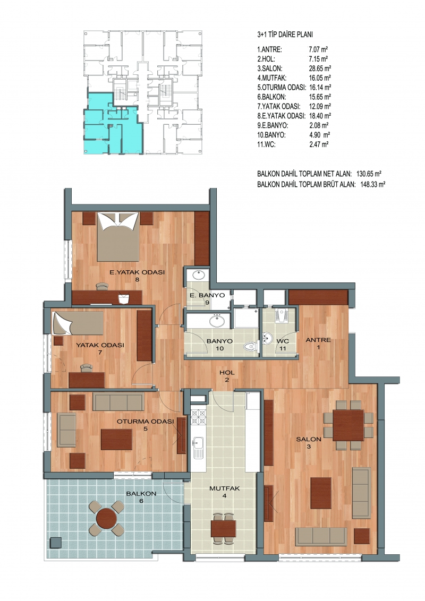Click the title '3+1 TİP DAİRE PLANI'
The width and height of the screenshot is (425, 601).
(285, 35)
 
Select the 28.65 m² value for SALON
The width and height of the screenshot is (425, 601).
(320, 68)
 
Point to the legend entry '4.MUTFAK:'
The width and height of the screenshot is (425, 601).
(272, 78)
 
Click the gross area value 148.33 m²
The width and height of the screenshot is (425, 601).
(373, 184)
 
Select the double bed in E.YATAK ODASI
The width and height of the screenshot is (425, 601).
(117, 237)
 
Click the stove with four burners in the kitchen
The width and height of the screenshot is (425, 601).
(199, 418)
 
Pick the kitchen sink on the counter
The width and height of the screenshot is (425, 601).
(199, 448)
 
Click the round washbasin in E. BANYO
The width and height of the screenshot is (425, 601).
(199, 276)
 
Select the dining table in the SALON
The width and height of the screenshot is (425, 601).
(348, 425)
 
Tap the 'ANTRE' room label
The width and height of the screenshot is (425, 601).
(318, 340)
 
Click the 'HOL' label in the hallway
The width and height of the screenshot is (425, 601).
(227, 373)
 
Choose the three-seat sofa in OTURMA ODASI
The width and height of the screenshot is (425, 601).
(118, 402)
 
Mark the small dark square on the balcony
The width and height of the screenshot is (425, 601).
(56, 543)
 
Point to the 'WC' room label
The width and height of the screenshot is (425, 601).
(283, 341)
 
